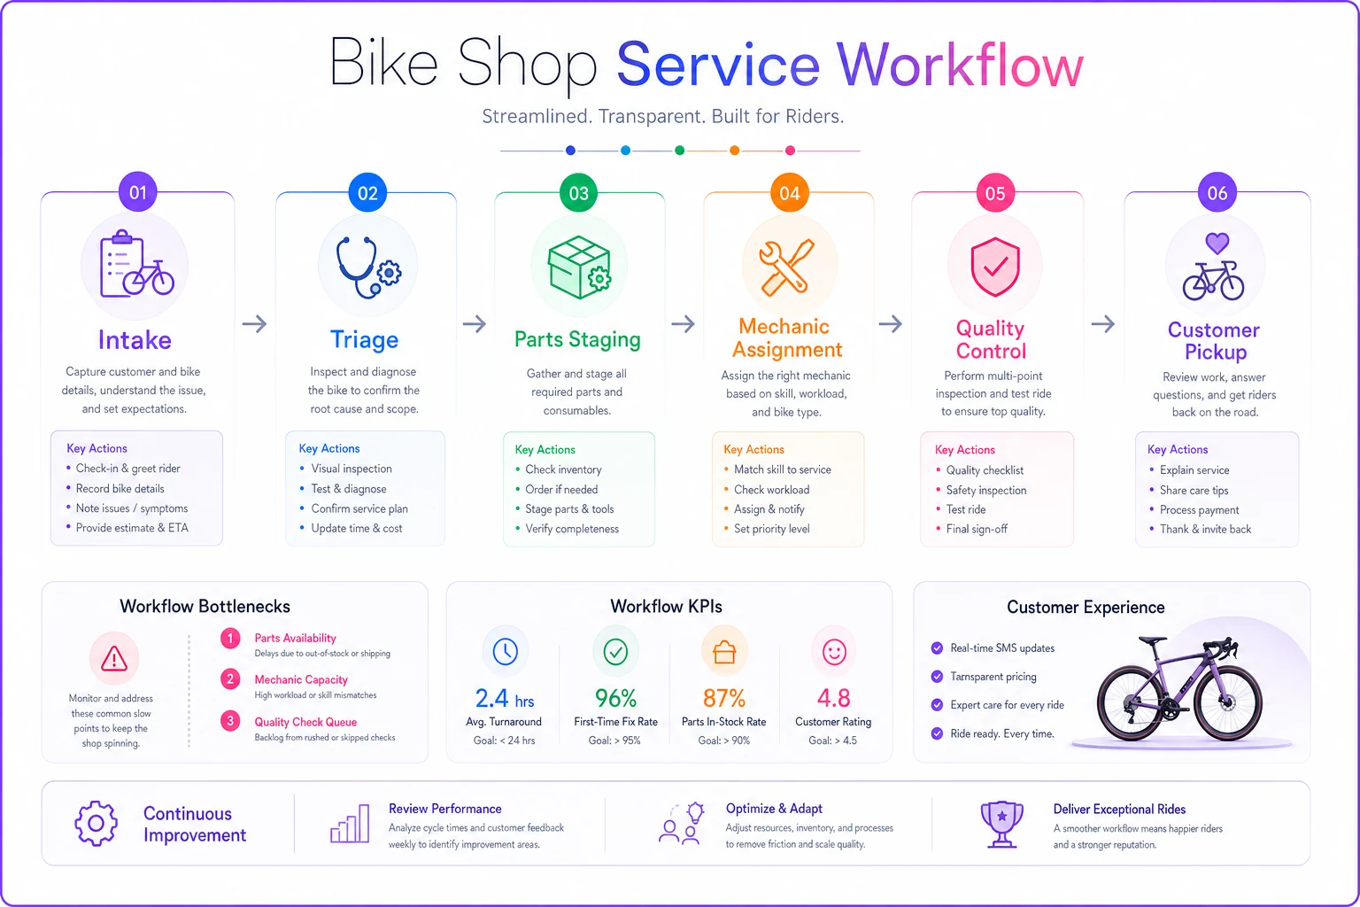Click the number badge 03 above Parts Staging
click(578, 193)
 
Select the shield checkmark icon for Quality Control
click(995, 267)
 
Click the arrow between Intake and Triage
click(254, 324)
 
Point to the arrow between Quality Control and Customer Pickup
click(1102, 324)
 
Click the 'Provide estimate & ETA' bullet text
click(132, 528)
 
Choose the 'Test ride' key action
click(965, 509)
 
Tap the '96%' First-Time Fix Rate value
click(615, 699)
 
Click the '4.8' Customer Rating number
click(833, 699)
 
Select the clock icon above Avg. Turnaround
click(506, 651)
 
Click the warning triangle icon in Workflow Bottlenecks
click(114, 658)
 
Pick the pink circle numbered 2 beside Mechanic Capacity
click(230, 678)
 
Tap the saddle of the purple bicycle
click(1152, 640)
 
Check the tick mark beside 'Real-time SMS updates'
click(937, 648)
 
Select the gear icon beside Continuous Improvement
click(96, 823)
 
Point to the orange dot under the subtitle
click(735, 150)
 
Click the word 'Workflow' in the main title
click(960, 66)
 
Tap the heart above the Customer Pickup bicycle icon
click(1217, 243)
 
